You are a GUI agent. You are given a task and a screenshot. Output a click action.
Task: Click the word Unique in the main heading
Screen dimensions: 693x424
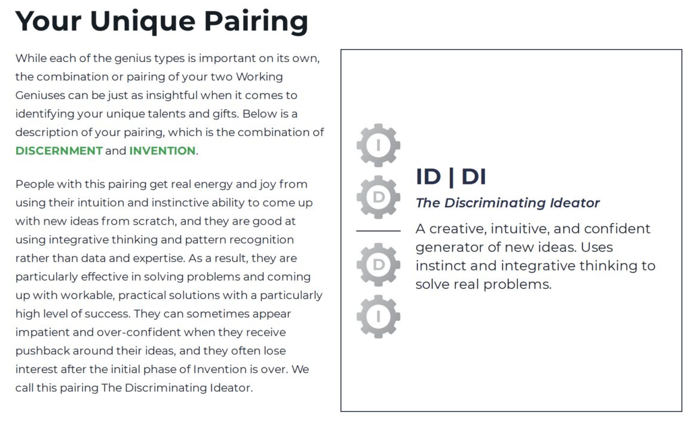point(142,22)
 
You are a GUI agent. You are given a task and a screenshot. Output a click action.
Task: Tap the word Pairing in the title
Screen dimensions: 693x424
point(256,22)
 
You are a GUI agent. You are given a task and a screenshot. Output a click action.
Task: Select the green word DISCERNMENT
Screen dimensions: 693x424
point(59,151)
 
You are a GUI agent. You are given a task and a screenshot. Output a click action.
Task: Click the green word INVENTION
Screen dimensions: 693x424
point(162,151)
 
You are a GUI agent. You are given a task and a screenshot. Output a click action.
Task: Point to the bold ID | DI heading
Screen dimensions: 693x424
point(451,177)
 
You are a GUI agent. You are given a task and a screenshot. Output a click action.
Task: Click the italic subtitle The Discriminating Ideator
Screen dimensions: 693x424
point(507,202)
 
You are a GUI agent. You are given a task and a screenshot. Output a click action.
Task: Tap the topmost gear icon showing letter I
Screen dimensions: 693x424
point(378,145)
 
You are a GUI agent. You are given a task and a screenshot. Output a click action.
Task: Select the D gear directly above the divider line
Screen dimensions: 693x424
point(378,197)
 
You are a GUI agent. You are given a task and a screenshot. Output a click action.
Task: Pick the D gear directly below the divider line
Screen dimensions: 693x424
point(378,265)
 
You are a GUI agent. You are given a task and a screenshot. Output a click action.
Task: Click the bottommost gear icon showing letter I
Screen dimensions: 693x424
point(378,317)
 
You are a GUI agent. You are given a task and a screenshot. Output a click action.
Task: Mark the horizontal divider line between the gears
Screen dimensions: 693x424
point(378,231)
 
